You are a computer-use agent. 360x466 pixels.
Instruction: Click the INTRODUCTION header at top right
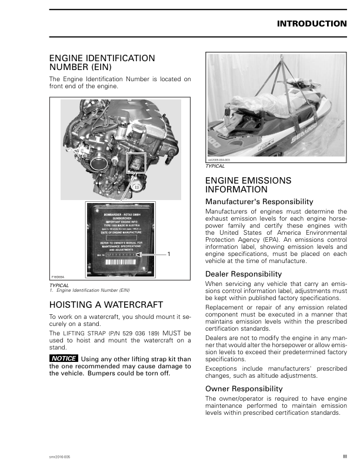point(311,24)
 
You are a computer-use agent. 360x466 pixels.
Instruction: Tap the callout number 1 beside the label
point(169,254)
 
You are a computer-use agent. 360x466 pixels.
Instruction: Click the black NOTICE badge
point(64,359)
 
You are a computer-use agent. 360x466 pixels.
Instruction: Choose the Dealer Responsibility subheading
point(244,274)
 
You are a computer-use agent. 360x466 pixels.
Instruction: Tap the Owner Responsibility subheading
point(244,389)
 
